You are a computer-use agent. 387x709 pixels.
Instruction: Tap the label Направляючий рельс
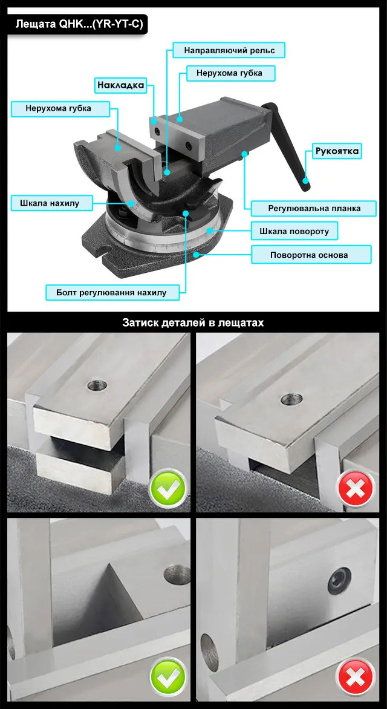click(x=229, y=50)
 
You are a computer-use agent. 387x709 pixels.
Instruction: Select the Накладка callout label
click(x=121, y=85)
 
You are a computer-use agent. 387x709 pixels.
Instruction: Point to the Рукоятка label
click(x=338, y=151)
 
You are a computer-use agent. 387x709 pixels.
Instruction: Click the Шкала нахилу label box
click(x=50, y=203)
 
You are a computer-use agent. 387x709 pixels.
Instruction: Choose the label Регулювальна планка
click(x=314, y=209)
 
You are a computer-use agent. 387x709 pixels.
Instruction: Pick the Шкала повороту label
click(x=294, y=232)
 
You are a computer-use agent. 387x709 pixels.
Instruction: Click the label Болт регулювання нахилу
click(x=112, y=293)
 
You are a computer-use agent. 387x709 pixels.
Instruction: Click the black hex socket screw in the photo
click(x=339, y=581)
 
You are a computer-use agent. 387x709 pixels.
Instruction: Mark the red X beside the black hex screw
click(x=356, y=678)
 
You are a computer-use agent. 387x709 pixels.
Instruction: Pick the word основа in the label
click(x=332, y=255)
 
